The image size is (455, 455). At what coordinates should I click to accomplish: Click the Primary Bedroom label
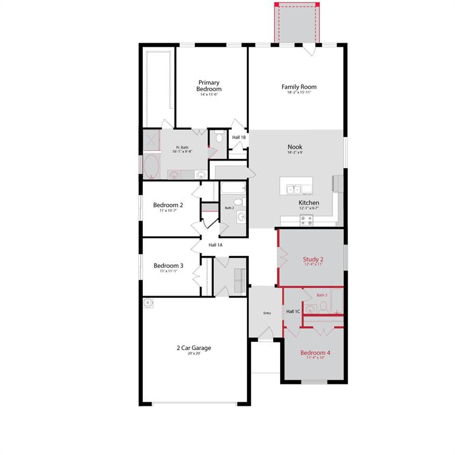point(209,86)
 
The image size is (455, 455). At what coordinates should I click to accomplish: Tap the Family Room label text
point(299,86)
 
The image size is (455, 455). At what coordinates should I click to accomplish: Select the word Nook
point(294,146)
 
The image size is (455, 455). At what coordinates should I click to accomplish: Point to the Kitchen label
point(309,203)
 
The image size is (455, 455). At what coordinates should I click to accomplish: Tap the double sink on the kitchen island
point(294,189)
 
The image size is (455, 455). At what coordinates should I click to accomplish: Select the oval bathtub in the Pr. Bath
point(151,166)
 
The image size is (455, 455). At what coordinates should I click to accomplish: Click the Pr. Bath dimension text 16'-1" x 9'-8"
point(182,152)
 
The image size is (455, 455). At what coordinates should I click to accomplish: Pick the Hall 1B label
point(239,137)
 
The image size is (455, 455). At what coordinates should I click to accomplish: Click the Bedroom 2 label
point(168,205)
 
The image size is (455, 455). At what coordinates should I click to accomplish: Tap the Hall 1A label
point(215,245)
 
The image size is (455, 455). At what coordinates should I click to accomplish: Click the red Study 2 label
point(313,259)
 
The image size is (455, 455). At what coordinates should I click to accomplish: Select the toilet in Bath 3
point(323,306)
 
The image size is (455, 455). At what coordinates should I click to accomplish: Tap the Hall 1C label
point(293,312)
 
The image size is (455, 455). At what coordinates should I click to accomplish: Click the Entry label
point(267,313)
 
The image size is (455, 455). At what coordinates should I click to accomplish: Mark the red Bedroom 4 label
point(315,353)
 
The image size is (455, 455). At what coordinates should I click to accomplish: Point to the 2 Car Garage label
point(193,348)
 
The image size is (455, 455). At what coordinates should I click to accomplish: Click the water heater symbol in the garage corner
point(148,302)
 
